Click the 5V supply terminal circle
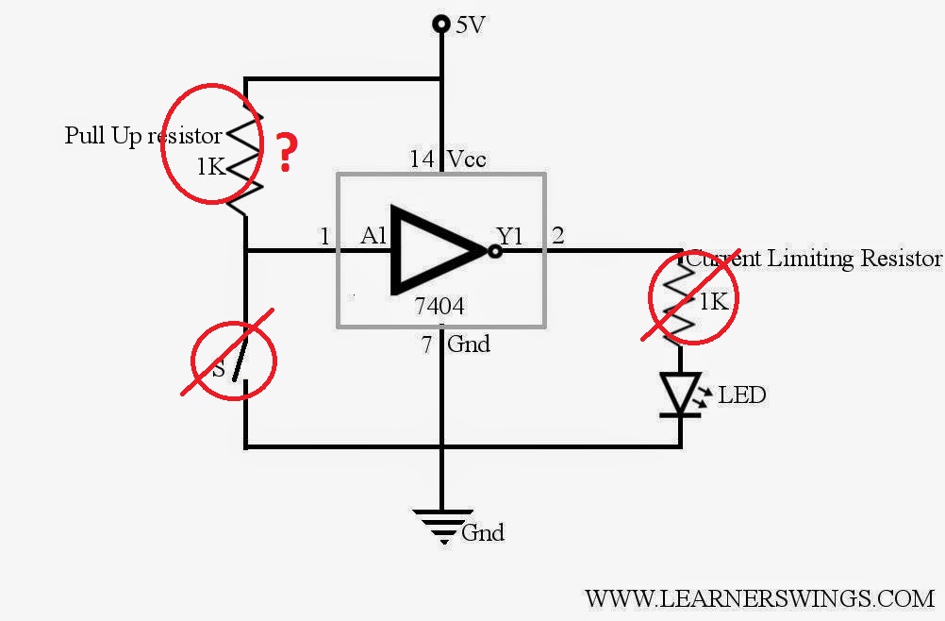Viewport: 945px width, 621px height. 441,25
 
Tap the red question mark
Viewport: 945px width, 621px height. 287,153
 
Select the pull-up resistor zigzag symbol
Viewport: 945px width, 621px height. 244,159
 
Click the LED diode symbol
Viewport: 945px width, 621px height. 680,394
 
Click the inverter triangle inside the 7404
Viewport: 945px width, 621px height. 439,249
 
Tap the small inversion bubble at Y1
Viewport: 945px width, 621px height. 495,251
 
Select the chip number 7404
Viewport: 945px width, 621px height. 439,306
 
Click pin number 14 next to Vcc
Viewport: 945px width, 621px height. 422,159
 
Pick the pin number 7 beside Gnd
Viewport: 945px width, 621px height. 426,344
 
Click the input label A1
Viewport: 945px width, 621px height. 373,235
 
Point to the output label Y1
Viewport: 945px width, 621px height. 510,235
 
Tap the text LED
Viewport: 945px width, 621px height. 742,394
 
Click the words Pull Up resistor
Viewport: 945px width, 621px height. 142,135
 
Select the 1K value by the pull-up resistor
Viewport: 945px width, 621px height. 211,166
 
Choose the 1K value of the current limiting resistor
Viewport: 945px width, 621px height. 714,301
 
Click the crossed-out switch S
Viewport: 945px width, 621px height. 233,360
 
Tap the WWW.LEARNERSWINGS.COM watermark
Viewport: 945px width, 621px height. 759,598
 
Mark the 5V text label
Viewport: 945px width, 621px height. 470,25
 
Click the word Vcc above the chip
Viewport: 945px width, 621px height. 467,159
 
